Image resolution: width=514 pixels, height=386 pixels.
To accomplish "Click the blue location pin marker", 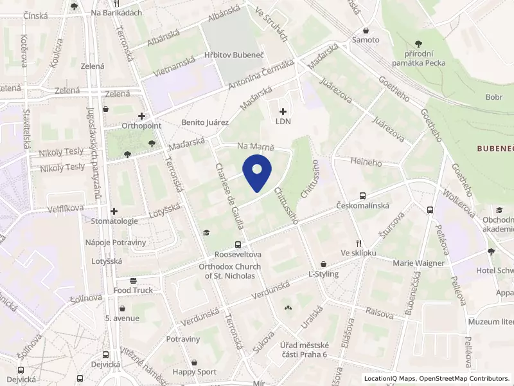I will tap(257, 172).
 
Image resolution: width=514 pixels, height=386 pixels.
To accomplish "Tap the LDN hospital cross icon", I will tap(283, 111).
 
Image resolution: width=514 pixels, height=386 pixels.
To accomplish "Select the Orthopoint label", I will tap(141, 126).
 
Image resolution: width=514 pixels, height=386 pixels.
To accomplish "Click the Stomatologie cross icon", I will tap(114, 211).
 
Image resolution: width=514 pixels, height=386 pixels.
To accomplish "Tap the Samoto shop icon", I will tap(366, 30).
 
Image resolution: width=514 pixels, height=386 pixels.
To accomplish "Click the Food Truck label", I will tap(134, 290).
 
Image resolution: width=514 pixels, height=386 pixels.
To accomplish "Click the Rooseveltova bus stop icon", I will tap(238, 244).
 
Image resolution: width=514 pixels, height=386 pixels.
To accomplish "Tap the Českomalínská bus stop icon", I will tap(363, 196).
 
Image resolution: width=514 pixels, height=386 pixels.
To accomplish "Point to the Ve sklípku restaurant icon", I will tap(359, 243).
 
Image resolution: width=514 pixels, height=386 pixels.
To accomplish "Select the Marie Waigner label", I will tap(418, 262).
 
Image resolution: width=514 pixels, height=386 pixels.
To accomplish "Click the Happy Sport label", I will tap(195, 372).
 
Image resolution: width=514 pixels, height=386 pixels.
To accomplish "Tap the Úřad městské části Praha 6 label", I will tap(305, 351).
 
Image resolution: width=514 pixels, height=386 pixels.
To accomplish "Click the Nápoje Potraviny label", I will tap(116, 242).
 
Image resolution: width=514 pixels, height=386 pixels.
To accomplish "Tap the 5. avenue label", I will tap(122, 318).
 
